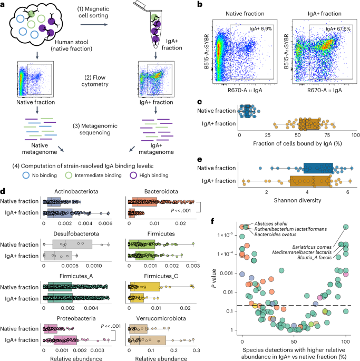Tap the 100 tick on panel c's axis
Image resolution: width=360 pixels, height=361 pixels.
[354, 136]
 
